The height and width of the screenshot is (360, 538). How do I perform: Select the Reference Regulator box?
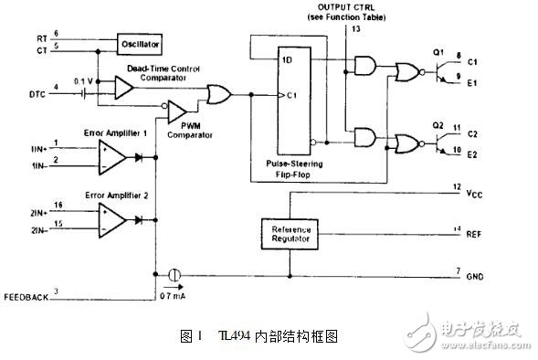click(290, 232)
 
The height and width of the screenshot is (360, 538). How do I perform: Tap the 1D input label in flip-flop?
click(286, 58)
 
